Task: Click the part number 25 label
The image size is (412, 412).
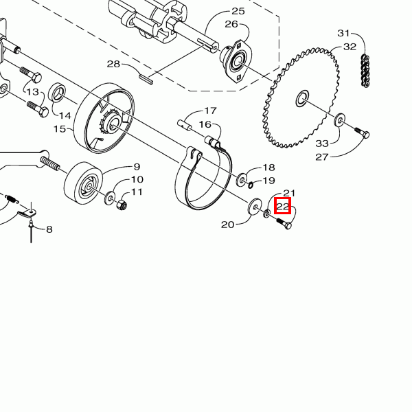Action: point(238,11)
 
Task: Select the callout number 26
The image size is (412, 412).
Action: point(231,24)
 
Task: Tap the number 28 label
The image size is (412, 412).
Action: point(113,64)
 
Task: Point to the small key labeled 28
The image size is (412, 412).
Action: point(146,79)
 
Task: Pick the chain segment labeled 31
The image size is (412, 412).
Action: point(365,71)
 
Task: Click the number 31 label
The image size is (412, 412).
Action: point(344,34)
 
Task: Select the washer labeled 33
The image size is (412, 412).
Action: point(340,120)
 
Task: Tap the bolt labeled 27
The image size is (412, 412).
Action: point(362,133)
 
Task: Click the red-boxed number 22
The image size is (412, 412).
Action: point(282,206)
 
